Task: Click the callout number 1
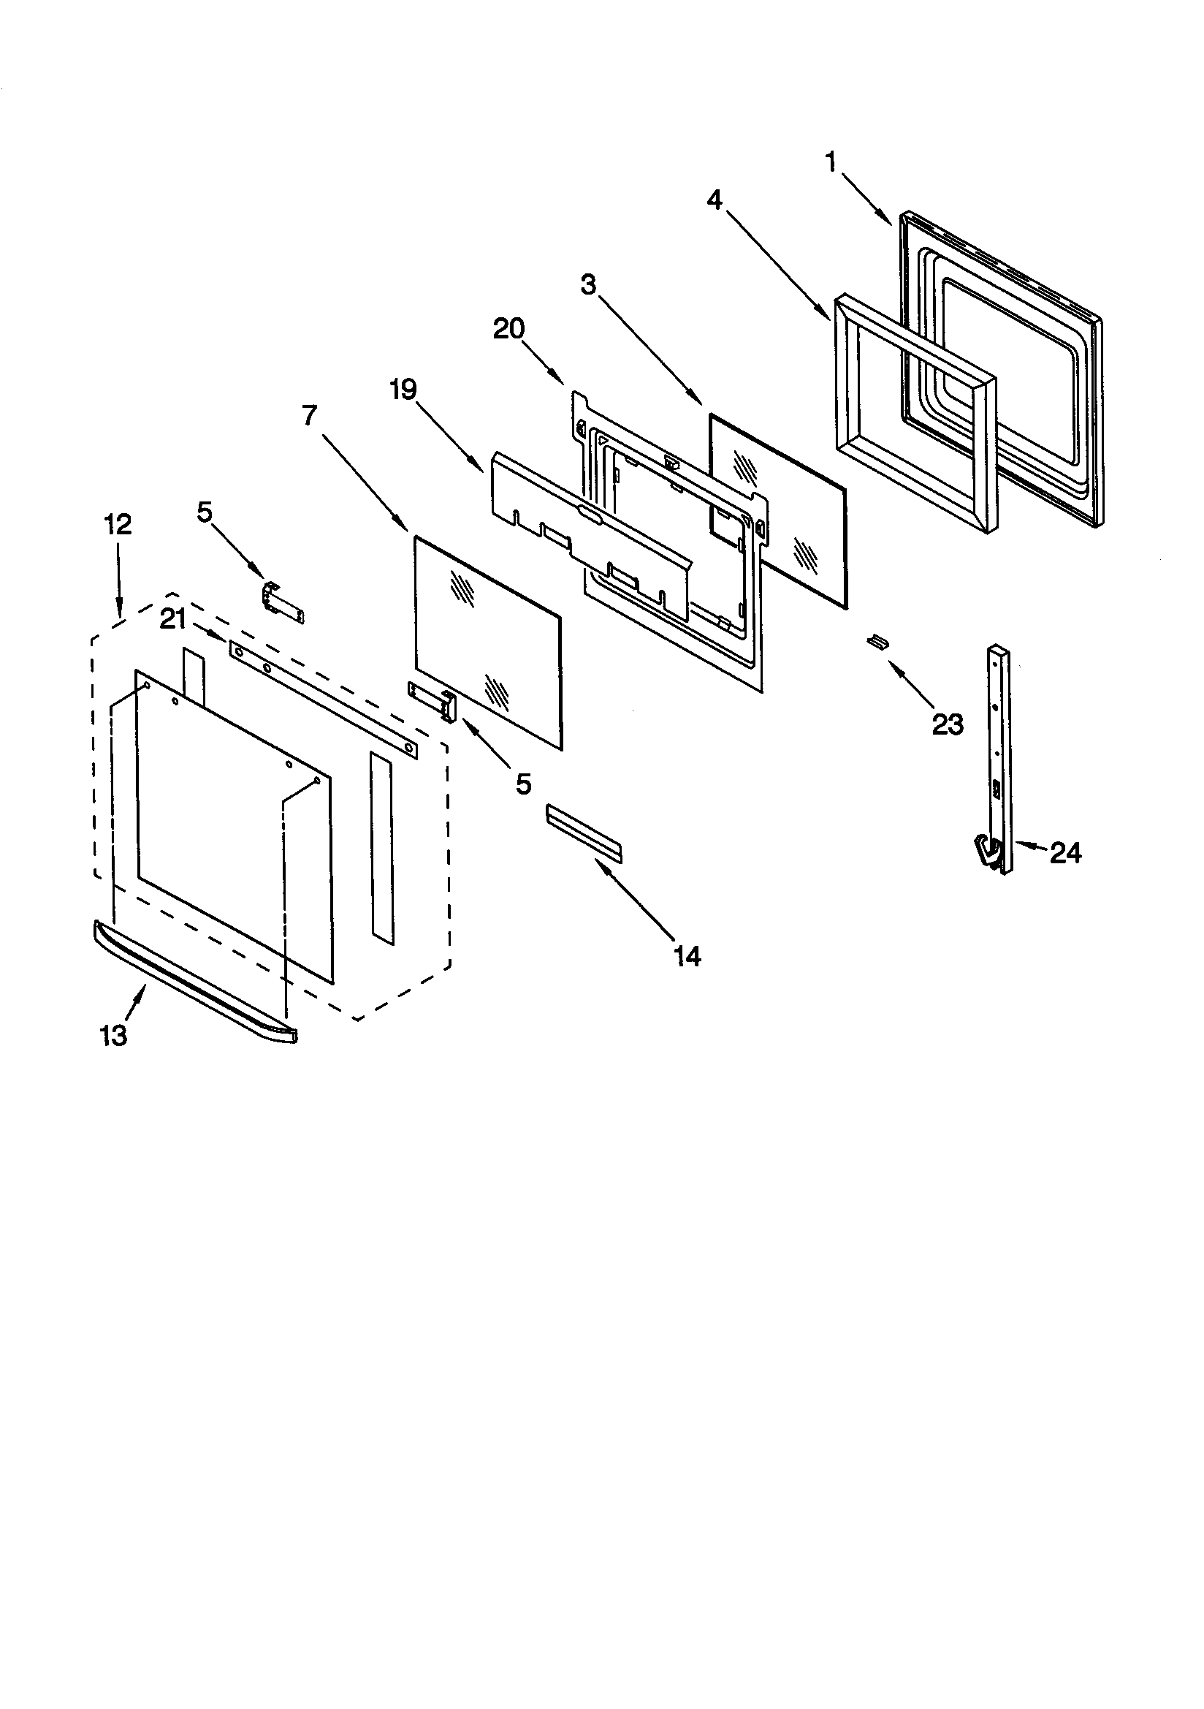831,162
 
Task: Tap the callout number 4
715,200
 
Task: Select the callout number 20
509,328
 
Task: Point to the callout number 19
404,390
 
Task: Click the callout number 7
310,415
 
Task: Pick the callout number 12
118,525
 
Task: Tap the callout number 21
172,618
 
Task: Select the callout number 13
114,1035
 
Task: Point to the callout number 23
948,724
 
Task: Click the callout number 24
1065,853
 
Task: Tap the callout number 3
589,284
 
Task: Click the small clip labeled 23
878,641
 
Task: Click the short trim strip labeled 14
584,833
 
